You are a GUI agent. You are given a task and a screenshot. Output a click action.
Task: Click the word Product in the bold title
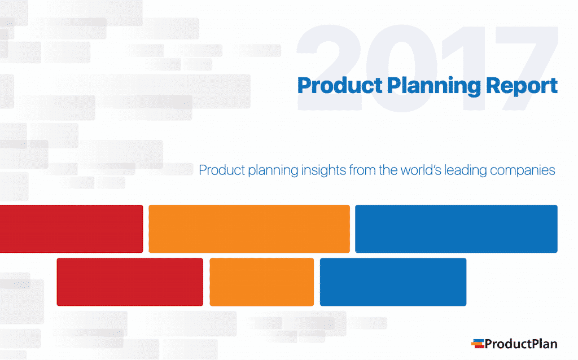click(332, 86)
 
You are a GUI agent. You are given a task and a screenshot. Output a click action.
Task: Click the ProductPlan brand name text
click(521, 343)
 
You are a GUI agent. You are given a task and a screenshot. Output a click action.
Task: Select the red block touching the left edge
click(71, 229)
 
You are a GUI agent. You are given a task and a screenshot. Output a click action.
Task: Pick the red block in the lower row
click(130, 282)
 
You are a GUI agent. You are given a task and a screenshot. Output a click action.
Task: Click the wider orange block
click(249, 229)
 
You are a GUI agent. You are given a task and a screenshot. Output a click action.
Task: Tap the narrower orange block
click(261, 282)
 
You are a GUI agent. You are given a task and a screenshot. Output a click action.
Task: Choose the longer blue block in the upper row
click(456, 229)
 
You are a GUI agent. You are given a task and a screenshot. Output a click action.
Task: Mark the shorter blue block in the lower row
click(393, 282)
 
